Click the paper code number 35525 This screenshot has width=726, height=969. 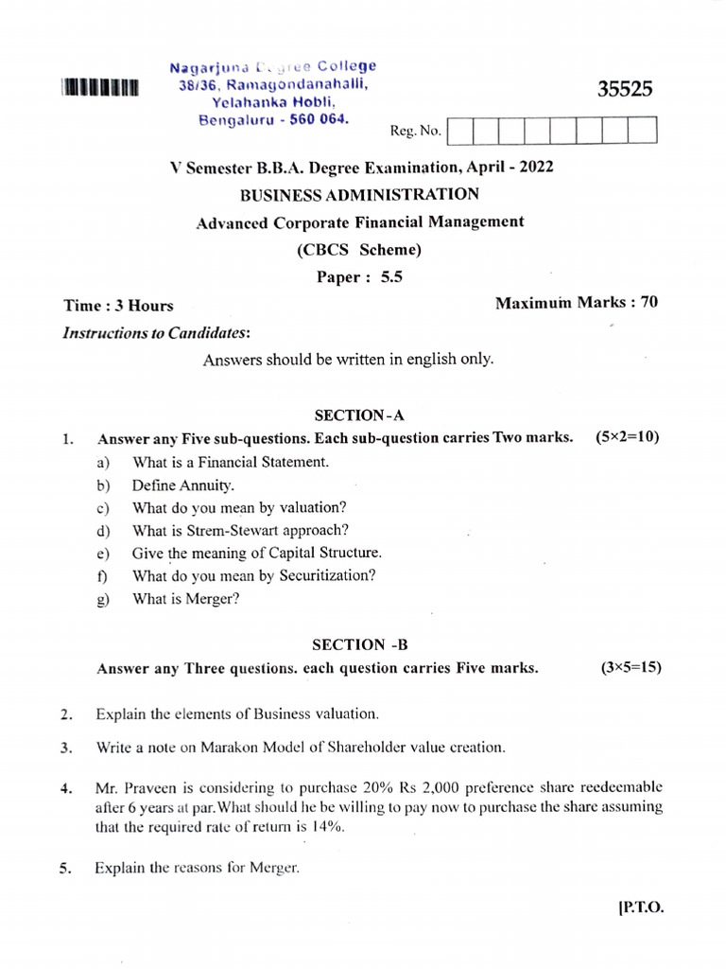(x=625, y=90)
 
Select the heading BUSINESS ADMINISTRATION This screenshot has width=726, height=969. (x=359, y=195)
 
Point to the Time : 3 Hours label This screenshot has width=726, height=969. (x=118, y=306)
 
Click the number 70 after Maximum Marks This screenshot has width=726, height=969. (x=648, y=302)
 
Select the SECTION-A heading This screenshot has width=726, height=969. (x=359, y=414)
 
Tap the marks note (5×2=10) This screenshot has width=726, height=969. (x=627, y=437)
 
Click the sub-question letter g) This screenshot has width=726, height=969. (x=103, y=599)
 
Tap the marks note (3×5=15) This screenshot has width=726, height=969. (x=631, y=667)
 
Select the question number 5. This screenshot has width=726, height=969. (x=66, y=871)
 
